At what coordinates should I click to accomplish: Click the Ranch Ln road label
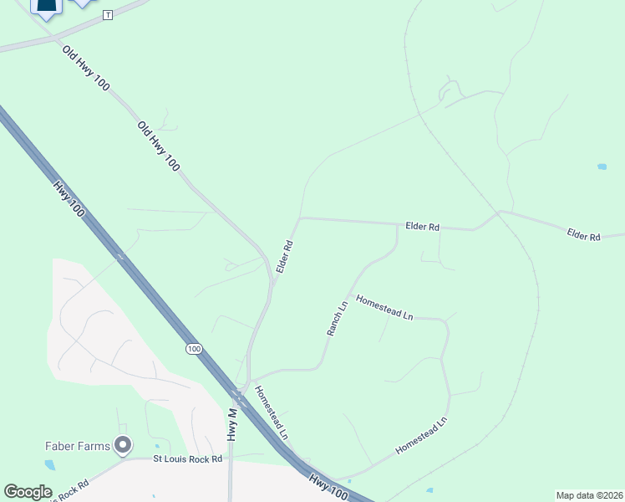[337, 319]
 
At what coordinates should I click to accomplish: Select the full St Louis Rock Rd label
[188, 458]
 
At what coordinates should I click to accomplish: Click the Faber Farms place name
[77, 446]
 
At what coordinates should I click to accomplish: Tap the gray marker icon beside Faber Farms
[124, 445]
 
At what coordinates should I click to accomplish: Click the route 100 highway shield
[194, 349]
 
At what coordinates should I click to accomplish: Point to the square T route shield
[107, 16]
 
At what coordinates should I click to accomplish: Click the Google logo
[28, 492]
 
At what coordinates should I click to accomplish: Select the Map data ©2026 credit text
[589, 495]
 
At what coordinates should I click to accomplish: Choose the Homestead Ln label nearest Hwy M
[271, 412]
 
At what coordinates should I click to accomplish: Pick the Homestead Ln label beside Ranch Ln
[384, 307]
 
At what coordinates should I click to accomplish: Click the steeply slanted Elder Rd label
[285, 257]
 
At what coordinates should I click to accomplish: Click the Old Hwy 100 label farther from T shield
[158, 146]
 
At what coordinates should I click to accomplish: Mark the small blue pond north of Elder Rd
[602, 166]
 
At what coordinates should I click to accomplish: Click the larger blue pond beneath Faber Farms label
[50, 464]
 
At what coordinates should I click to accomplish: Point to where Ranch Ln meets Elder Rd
[396, 225]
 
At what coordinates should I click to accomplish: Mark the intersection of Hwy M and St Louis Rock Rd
[231, 458]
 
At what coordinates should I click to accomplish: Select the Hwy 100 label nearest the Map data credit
[328, 488]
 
